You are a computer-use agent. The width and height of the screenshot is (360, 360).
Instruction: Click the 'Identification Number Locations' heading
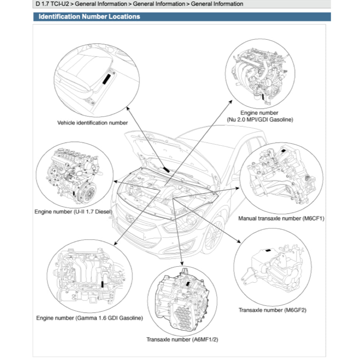[x=89, y=17]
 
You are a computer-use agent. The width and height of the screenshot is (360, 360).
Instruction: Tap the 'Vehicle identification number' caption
[x=92, y=122]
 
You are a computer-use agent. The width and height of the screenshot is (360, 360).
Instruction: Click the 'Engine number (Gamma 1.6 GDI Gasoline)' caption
[x=89, y=318]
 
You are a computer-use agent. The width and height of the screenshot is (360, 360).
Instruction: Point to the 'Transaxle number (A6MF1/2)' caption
[x=182, y=339]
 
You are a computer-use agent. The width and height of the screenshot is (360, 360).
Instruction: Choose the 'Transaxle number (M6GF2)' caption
[x=272, y=310]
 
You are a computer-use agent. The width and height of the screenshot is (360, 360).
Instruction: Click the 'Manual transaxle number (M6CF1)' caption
[x=281, y=218]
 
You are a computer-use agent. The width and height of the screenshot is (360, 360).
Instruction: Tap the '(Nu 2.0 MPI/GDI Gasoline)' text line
[x=260, y=119]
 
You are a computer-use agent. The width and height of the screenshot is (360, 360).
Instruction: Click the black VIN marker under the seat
[x=106, y=78]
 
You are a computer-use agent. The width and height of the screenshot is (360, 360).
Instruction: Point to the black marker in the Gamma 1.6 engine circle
[x=103, y=284]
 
